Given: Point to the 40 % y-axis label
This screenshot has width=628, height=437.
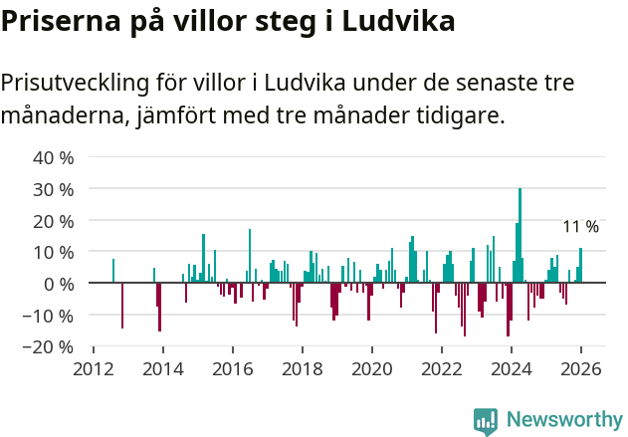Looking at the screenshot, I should click(54, 157).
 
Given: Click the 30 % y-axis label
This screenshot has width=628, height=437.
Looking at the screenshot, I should click(54, 189).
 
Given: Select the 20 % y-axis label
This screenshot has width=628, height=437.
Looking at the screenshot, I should click(54, 221).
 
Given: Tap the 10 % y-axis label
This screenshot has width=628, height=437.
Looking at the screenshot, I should click(54, 253).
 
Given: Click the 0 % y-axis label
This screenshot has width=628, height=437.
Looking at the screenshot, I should click(59, 285).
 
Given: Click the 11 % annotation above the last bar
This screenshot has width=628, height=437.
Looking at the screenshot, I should click(580, 228).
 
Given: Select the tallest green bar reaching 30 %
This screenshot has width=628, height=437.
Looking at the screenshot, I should click(520, 236).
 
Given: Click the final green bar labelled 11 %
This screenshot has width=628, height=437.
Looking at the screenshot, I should click(580, 266).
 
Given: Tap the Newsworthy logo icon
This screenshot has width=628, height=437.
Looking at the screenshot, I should click(486, 421).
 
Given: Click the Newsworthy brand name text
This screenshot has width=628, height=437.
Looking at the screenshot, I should click(564, 420).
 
